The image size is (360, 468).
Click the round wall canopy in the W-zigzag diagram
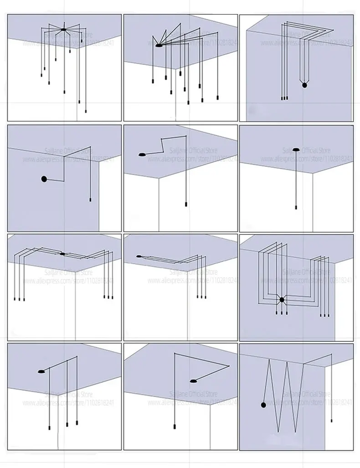point(263,405)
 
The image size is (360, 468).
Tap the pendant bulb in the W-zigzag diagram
point(331,420)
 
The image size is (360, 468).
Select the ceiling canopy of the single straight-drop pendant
point(296,149)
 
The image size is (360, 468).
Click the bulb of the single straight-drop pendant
point(296,207)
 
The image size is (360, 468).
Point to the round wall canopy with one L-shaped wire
point(44,179)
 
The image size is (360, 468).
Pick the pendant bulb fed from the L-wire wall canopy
point(91,200)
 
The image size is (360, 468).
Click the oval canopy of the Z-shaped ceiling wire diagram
point(142,155)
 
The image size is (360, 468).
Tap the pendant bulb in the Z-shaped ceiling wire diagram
point(185,203)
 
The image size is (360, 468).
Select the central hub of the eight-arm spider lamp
point(64,30)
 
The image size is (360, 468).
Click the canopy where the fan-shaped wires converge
point(158,46)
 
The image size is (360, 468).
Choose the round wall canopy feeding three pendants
point(304,85)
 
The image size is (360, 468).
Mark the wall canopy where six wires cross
point(282,300)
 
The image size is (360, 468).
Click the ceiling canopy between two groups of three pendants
point(62,254)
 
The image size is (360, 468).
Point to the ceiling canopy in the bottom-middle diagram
point(194,380)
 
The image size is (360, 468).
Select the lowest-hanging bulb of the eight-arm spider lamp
point(86,111)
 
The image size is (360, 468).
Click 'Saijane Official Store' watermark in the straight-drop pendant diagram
point(306,150)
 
